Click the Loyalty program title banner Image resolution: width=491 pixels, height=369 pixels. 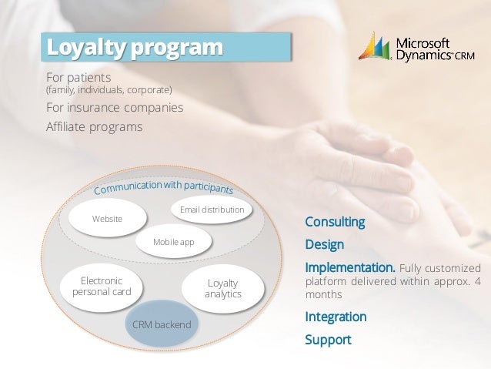[167, 46]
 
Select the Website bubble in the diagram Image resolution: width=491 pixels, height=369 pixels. [107, 219]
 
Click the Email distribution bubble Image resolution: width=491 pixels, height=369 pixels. [212, 210]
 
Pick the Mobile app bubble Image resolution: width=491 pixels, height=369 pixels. [173, 243]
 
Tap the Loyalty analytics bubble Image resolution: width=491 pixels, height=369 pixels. [223, 289]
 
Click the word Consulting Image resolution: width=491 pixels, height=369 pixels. [335, 223]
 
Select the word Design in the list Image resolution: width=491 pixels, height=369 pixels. [325, 246]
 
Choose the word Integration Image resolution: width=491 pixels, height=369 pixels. [336, 317]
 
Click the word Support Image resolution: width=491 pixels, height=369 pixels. [328, 340]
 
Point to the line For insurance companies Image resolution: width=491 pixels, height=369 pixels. [115, 107]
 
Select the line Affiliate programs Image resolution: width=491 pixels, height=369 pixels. [95, 126]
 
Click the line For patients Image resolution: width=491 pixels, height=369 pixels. [78, 78]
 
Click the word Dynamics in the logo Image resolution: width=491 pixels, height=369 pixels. [422, 55]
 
